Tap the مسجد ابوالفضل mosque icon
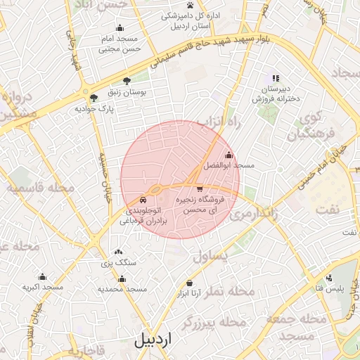[x=228, y=155]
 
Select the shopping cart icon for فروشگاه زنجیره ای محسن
[x=200, y=188]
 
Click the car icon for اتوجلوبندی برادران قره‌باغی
[x=143, y=199]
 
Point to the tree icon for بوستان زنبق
[x=127, y=82]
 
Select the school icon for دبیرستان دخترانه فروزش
[x=276, y=79]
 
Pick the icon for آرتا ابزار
[x=189, y=283]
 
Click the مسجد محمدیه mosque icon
[x=122, y=278]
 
